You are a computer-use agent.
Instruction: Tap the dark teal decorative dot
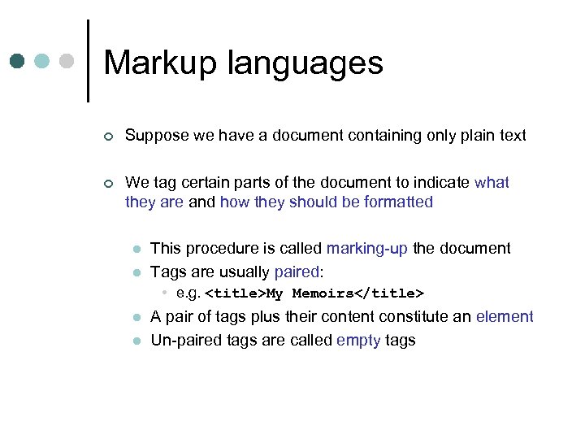click(18, 61)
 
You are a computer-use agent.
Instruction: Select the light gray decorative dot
click(68, 61)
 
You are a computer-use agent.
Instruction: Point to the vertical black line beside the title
click(88, 61)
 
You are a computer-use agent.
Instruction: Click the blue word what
click(492, 183)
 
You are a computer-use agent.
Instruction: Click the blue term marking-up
click(367, 248)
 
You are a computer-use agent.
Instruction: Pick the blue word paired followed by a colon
click(297, 272)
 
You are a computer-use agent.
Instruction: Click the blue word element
click(505, 316)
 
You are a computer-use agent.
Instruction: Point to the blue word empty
click(358, 340)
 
